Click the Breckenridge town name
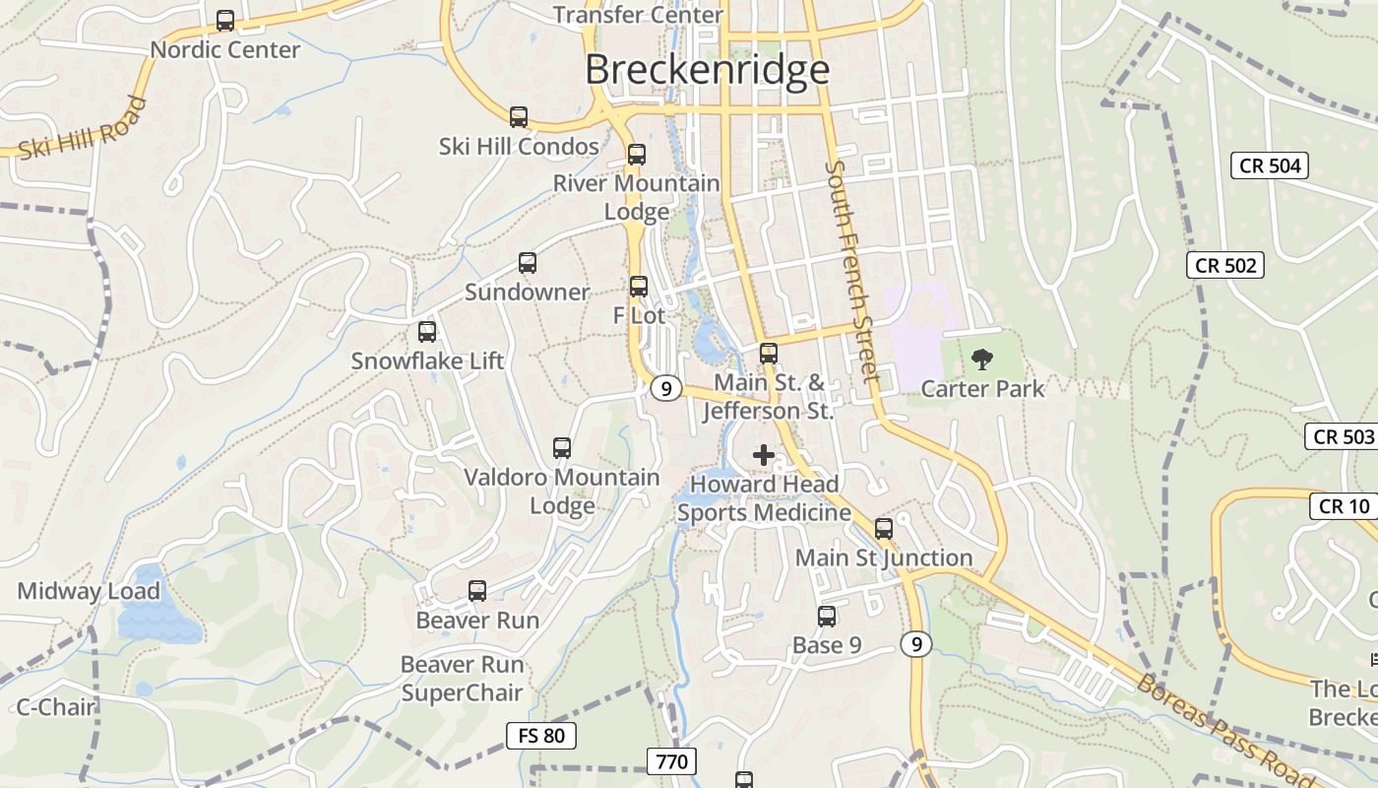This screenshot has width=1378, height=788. pyautogui.click(x=707, y=70)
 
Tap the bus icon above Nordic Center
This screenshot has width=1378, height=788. pyautogui.click(x=225, y=20)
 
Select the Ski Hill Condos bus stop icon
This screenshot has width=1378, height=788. pyautogui.click(x=519, y=117)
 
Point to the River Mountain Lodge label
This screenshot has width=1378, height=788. pyautogui.click(x=636, y=197)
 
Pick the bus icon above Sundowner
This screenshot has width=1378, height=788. pyautogui.click(x=528, y=263)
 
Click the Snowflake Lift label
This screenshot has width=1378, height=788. pyautogui.click(x=427, y=361)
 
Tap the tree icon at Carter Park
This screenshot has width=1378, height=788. pyautogui.click(x=981, y=360)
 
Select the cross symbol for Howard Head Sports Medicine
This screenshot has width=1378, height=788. pyautogui.click(x=763, y=455)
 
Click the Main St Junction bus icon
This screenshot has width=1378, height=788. pyautogui.click(x=884, y=529)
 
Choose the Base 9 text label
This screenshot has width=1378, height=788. pyautogui.click(x=827, y=645)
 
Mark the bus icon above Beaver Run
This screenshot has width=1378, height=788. pyautogui.click(x=477, y=591)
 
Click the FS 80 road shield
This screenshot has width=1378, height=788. pyautogui.click(x=541, y=735)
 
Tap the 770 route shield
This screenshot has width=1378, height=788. pyautogui.click(x=672, y=760)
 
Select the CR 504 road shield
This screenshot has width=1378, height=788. pyautogui.click(x=1270, y=165)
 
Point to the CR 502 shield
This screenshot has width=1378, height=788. pyautogui.click(x=1225, y=265)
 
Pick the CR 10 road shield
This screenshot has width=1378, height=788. pyautogui.click(x=1343, y=506)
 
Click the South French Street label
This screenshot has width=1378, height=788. pyautogui.click(x=851, y=271)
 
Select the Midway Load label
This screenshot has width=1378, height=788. pyautogui.click(x=89, y=591)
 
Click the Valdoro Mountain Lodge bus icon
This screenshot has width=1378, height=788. pyautogui.click(x=562, y=448)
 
